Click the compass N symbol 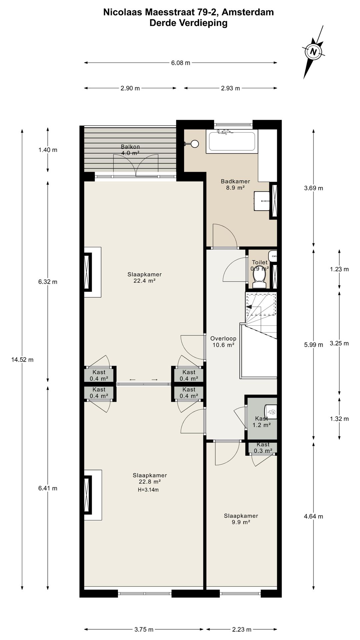point(313,52)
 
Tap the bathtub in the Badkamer point(232,142)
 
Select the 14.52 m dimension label point(22,360)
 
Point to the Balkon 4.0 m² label point(130,150)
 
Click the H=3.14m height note point(148,490)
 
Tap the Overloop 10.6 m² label point(223,342)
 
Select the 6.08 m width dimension point(181,63)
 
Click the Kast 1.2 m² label point(261,422)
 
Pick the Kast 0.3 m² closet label point(263,447)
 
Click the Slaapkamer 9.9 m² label point(241,519)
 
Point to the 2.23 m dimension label point(242,629)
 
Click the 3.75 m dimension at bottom point(144,629)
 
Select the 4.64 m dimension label point(313,516)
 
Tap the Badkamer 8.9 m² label point(235,184)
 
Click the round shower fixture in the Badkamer point(195,144)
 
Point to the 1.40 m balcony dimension point(48,150)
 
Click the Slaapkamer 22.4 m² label point(144,277)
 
